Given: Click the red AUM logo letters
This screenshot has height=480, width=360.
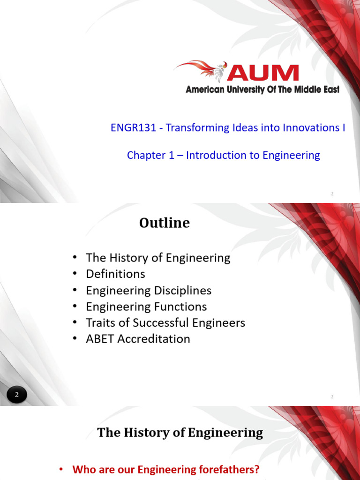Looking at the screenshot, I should [x=263, y=73].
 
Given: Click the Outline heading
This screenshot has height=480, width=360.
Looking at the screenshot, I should [x=165, y=223].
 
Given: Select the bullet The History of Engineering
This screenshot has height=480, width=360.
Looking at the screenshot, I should [x=158, y=258].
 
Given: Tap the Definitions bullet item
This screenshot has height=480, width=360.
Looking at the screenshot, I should [x=115, y=274].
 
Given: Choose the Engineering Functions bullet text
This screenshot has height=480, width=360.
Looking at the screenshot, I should [x=146, y=307].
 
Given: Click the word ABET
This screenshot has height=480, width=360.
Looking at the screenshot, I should [x=100, y=339].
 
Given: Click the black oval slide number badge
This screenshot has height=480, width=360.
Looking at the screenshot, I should [x=17, y=395].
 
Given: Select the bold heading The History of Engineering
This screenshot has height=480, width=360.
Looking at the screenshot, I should [x=180, y=432].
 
